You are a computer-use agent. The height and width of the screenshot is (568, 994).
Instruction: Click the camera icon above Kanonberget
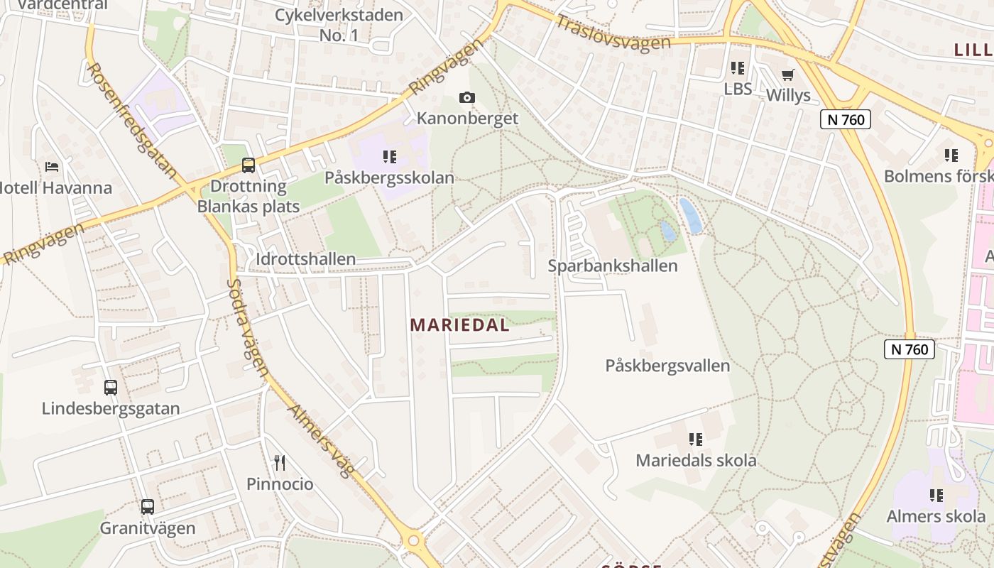coord(466,97)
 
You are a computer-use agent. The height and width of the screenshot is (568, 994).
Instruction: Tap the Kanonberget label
coord(467,118)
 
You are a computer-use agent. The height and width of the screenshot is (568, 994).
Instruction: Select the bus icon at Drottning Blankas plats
coord(248,165)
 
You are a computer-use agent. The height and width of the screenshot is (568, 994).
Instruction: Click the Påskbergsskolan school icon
coord(389,156)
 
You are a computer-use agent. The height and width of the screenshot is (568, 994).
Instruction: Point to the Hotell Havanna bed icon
coord(52,167)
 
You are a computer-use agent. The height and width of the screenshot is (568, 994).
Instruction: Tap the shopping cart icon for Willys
coord(787,75)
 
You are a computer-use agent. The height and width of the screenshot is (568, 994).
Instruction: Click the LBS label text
coord(738,89)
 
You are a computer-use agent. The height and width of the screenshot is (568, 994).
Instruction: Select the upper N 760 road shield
coord(845,119)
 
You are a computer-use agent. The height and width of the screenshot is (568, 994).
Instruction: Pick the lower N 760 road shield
coord(909,349)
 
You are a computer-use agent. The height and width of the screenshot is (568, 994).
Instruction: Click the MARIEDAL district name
coord(460,325)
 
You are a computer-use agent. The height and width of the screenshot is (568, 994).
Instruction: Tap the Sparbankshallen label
coord(613,266)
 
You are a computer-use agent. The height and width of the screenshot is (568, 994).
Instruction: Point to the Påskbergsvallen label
coord(667,366)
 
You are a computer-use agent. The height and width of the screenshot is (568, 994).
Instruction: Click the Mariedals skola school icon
coord(695,439)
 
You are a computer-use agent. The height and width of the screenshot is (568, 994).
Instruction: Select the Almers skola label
coord(936,516)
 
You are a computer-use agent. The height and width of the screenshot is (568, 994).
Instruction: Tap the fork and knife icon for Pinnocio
coord(280,463)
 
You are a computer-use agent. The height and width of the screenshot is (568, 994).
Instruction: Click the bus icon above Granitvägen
coord(147,507)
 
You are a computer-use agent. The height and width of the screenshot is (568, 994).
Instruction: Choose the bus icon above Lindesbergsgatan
coord(111,388)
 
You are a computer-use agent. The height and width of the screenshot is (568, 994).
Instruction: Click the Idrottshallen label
coord(305,258)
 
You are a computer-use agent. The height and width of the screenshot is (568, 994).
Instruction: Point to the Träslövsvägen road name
coord(613,33)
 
